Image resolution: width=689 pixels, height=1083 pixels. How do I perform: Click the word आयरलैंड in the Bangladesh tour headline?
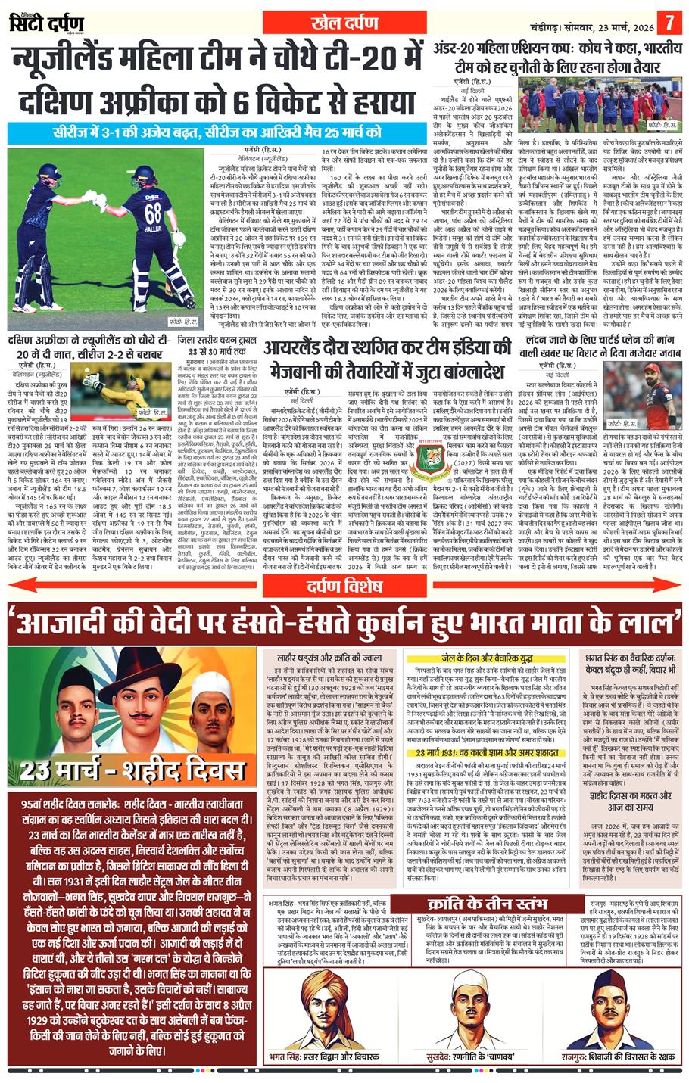click(x=299, y=349)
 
